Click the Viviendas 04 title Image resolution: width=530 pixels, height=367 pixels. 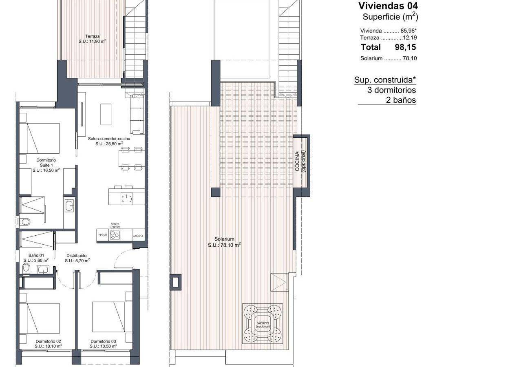388,6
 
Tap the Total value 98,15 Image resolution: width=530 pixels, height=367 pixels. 405,47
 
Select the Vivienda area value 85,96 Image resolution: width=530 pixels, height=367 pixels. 408,31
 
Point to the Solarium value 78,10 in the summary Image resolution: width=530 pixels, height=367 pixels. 410,58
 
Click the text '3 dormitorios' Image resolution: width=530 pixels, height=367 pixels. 391,90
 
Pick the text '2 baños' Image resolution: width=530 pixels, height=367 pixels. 401,100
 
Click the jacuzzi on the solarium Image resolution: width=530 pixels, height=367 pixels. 263,324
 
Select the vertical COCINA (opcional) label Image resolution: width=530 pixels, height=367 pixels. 300,161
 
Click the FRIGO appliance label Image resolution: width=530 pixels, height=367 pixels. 103,235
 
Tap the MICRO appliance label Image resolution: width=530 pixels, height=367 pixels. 138,236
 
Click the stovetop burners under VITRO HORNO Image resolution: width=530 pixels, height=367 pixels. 115,235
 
